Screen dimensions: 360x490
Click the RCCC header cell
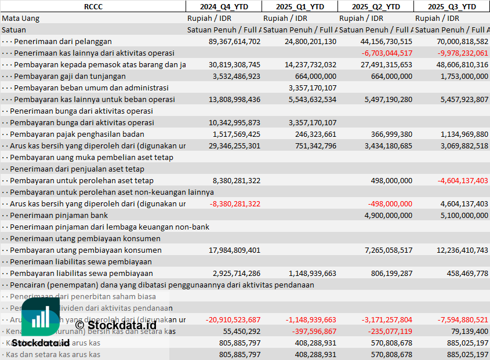coord(93,6)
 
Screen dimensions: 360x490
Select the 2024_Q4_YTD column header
coord(223,6)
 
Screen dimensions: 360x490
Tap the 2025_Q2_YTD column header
coord(376,6)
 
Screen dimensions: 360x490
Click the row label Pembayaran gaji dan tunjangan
coord(70,76)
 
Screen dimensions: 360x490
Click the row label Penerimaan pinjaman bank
coord(59,215)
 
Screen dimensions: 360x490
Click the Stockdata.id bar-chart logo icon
coord(41,319)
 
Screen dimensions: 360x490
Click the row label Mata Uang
coord(21,18)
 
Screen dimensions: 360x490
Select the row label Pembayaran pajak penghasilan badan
coord(78,134)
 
